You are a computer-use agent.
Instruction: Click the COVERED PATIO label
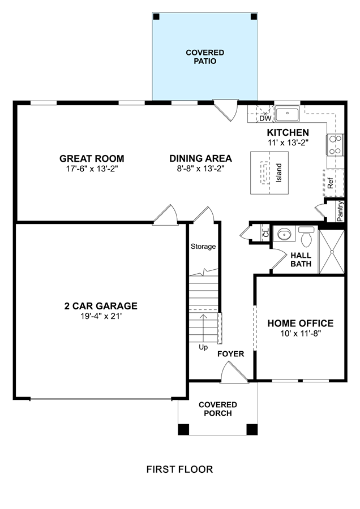click(205, 57)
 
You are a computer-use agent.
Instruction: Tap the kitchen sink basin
click(287, 114)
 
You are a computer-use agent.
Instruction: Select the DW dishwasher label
click(265, 119)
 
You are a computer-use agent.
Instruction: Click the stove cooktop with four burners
click(335, 145)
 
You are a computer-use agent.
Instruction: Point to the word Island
click(278, 172)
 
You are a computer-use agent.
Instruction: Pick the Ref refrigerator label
click(331, 183)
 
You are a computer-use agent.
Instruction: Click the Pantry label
click(340, 212)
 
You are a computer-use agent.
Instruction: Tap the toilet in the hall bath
click(306, 236)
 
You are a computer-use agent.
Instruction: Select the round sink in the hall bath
click(284, 234)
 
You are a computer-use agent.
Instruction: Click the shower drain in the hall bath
click(332, 252)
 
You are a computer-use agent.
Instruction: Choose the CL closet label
click(266, 233)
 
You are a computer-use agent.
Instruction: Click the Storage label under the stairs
click(203, 247)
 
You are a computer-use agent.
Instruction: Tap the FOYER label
click(231, 353)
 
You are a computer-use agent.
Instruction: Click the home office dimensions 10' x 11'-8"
click(301, 333)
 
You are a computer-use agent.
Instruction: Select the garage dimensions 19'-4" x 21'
click(101, 316)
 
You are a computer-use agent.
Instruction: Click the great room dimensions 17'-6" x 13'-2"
click(92, 169)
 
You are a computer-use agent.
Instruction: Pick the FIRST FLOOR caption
click(179, 469)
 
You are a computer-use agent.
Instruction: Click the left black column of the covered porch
click(183, 429)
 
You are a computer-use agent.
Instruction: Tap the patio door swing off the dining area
click(228, 110)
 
